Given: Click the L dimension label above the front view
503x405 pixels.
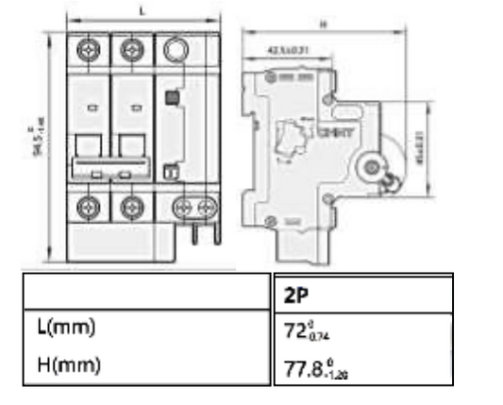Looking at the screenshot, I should (143, 10).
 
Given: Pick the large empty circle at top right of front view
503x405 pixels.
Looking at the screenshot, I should (174, 48).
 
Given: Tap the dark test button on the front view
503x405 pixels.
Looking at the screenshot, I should (172, 97).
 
